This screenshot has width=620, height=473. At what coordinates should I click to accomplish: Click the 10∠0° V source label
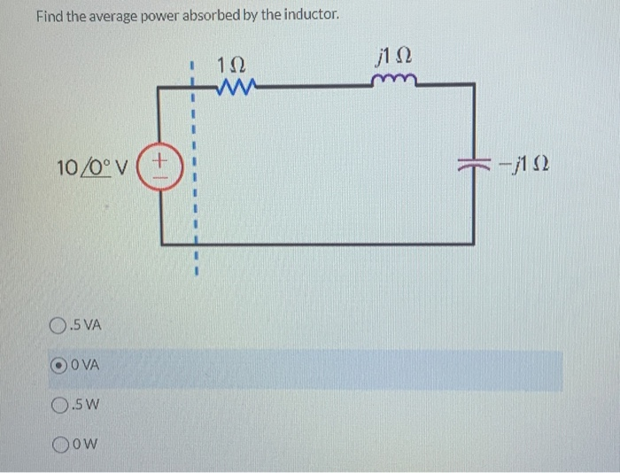click(x=92, y=166)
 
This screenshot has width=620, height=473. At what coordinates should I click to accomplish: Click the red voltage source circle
click(x=160, y=166)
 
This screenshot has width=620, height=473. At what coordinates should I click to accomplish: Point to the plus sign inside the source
click(x=160, y=159)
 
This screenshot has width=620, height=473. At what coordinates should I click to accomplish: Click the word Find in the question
click(x=50, y=16)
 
